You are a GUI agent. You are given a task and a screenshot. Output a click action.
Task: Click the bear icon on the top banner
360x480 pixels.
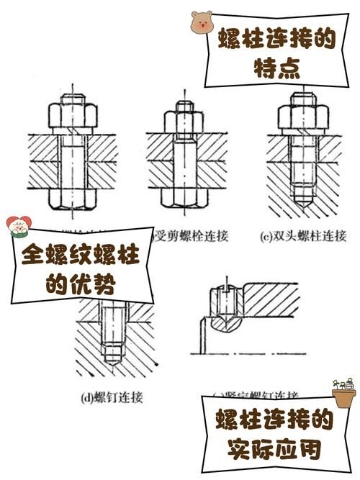pos(202,24)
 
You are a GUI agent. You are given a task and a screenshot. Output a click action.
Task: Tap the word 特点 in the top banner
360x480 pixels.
pos(276,70)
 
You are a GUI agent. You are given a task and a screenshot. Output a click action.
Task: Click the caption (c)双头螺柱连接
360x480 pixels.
pos(303,235)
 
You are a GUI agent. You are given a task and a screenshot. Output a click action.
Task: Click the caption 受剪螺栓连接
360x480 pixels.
pos(188,235)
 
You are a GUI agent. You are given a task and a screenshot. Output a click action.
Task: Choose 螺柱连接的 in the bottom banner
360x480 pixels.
pos(272,420)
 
